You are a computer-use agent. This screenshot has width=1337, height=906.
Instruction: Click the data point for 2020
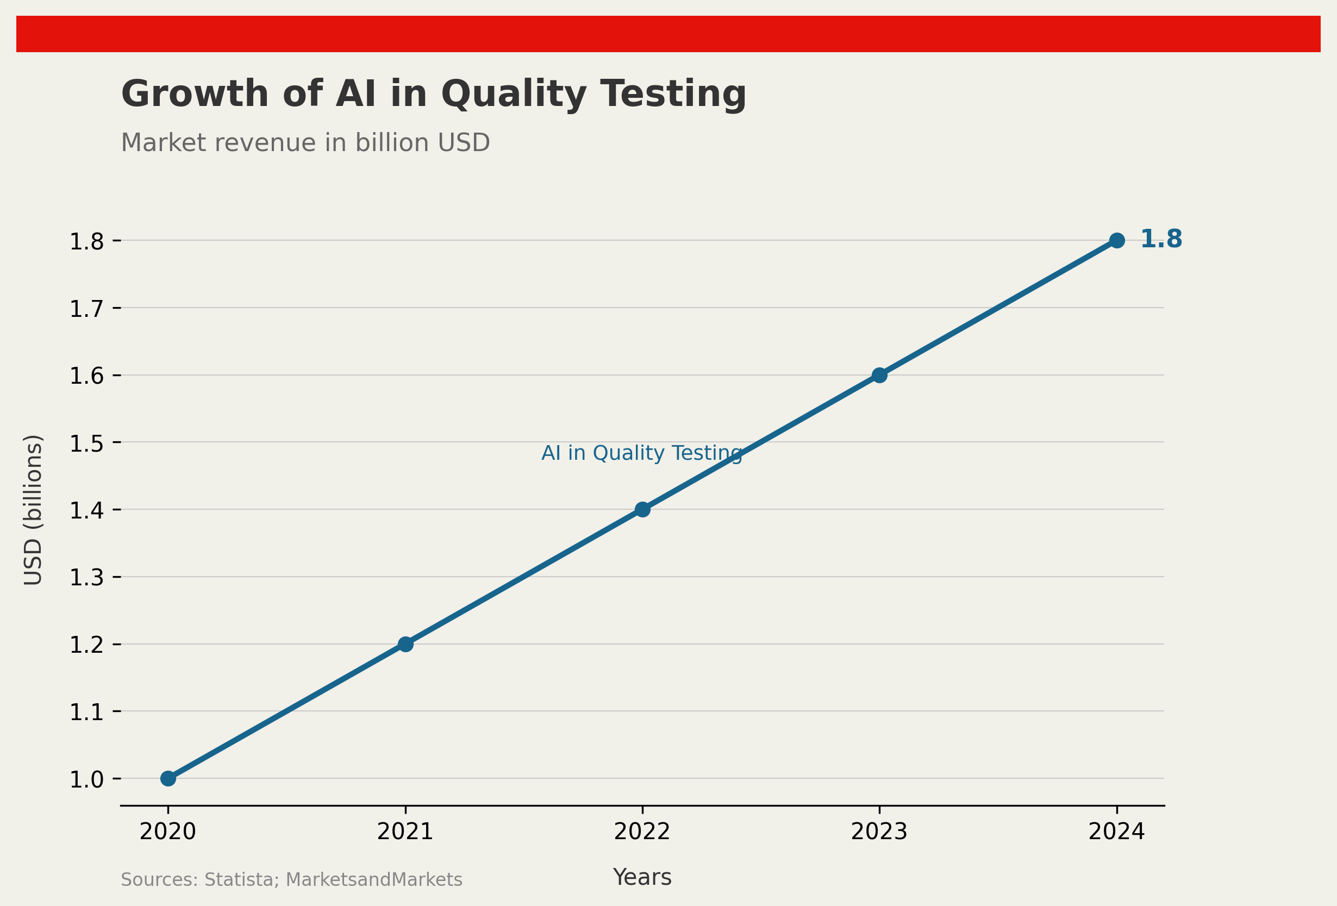[x=168, y=778]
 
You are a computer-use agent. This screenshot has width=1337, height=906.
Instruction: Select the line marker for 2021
[x=405, y=643]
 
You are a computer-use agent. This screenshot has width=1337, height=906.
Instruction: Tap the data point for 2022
[x=642, y=509]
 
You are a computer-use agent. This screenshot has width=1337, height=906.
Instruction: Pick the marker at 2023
[x=879, y=375]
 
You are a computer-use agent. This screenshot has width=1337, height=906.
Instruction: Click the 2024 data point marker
[x=1117, y=240]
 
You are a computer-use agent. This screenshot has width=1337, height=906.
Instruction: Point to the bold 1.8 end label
[x=1161, y=239]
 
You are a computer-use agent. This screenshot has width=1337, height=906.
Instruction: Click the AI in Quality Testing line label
[x=641, y=453]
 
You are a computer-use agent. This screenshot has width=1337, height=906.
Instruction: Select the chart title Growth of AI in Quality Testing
[x=433, y=95]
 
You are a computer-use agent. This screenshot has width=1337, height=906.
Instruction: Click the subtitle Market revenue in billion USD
[x=305, y=142]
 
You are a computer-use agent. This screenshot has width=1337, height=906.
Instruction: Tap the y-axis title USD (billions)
[x=33, y=510]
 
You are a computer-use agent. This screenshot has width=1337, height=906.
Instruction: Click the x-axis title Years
[x=642, y=877]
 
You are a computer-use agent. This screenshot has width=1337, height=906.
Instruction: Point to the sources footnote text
[x=291, y=879]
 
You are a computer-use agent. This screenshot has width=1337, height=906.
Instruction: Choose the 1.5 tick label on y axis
[x=86, y=443]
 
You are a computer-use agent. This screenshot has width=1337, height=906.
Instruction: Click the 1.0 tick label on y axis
[x=86, y=779]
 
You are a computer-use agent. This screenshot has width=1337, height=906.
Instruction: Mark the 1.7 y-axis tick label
[x=86, y=309]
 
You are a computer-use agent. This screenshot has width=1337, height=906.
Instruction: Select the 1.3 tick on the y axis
[x=86, y=578]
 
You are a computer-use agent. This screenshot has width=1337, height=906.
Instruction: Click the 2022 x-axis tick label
[x=642, y=832]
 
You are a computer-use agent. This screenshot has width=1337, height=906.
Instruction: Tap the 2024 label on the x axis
[x=1116, y=832]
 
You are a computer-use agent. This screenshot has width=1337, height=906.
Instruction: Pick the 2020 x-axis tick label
[x=168, y=832]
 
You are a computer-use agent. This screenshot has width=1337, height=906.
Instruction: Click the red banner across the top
[x=668, y=34]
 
